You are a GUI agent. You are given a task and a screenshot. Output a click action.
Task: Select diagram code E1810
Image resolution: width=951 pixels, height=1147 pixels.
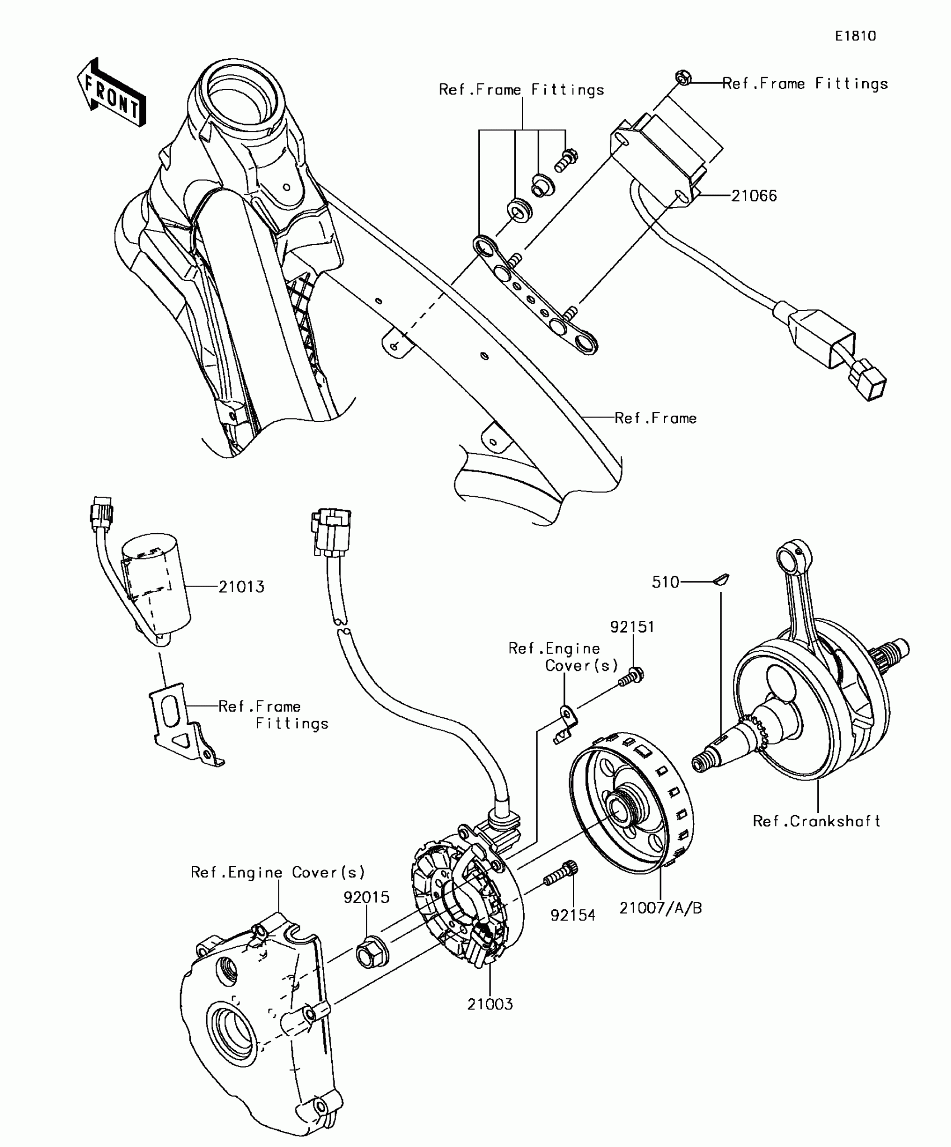tap(855, 36)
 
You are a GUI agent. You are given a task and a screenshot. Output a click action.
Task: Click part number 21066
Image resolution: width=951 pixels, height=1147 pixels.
tap(754, 196)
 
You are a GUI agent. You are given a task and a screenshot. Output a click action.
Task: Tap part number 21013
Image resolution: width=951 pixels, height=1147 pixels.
tap(241, 587)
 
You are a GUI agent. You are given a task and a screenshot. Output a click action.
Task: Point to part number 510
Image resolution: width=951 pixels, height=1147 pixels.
tap(665, 582)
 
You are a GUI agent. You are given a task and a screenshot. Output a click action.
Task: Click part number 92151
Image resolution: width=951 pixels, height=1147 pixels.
tap(632, 627)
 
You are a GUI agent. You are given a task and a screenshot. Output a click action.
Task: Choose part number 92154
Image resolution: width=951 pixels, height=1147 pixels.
tap(573, 916)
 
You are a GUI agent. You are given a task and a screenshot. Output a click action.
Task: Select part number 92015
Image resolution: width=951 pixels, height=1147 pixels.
tap(366, 897)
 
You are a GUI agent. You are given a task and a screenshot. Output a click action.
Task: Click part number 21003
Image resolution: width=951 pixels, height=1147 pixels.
tap(490, 1004)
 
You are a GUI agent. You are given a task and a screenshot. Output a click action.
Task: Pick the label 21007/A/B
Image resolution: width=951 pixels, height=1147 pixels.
tap(660, 908)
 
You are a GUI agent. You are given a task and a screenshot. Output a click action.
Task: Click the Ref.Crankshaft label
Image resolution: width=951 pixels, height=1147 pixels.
tap(816, 821)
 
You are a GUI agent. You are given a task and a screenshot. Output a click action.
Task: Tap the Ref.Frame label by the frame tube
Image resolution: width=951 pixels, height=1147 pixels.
tap(656, 418)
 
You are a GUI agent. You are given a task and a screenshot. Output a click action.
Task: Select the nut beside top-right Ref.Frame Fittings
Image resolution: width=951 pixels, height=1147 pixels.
tap(682, 78)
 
